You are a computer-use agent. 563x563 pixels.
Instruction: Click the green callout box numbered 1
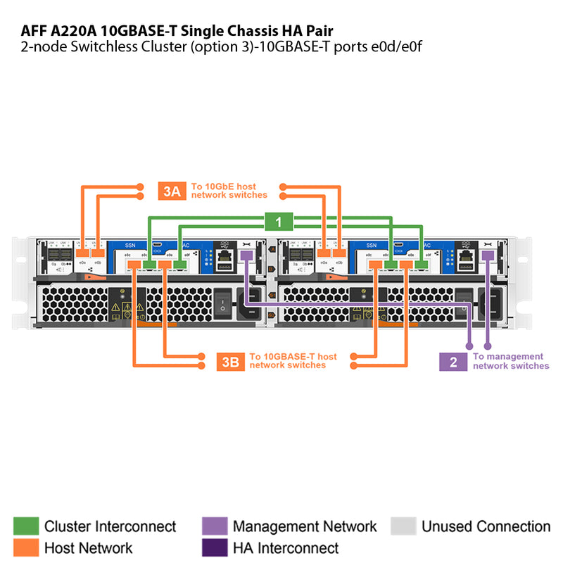tap(279, 222)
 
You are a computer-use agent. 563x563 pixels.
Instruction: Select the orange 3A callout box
tap(172, 191)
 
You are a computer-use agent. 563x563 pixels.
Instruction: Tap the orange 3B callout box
tap(230, 362)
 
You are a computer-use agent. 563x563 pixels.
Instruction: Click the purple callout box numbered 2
tap(453, 362)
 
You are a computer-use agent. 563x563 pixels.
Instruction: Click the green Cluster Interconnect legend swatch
tap(26, 526)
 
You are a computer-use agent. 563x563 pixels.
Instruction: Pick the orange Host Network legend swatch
tap(26, 548)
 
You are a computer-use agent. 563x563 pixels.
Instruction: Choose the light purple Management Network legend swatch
tap(215, 526)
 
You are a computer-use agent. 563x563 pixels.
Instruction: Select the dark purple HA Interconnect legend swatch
tap(215, 548)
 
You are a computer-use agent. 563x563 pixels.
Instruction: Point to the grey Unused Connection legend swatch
tap(403, 526)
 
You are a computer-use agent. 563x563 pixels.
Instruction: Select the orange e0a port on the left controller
tap(83, 253)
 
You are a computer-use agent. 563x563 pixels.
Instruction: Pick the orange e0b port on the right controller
tap(339, 253)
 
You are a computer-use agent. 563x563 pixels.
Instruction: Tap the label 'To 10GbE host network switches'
tap(229, 191)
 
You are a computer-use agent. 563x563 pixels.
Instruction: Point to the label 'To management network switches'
tap(510, 362)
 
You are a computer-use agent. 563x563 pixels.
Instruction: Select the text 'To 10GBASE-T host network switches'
tap(293, 361)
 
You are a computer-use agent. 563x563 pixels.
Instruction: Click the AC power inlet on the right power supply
tap(488, 304)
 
